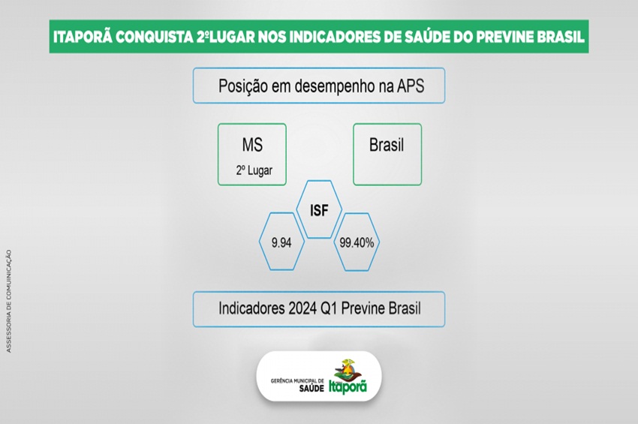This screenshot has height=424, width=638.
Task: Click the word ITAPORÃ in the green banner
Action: click(x=83, y=37)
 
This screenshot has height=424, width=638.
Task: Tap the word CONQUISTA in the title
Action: click(x=154, y=37)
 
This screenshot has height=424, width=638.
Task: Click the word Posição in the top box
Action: click(x=243, y=86)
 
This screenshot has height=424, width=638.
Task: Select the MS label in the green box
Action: click(x=252, y=145)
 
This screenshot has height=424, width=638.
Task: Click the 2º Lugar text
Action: click(x=254, y=170)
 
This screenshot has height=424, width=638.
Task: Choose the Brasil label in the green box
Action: click(x=387, y=145)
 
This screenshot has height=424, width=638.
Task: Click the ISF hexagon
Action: click(x=319, y=210)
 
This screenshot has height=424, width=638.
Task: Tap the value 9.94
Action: click(x=281, y=243)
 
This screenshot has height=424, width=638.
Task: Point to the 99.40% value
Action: click(x=357, y=243)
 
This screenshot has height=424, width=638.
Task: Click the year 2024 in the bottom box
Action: click(x=302, y=308)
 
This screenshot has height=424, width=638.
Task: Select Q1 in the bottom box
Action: click(x=329, y=309)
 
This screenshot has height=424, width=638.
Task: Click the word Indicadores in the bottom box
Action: click(x=251, y=308)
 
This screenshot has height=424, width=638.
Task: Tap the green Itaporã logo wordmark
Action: click(x=348, y=386)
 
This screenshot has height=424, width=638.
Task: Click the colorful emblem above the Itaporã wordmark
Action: click(x=347, y=369)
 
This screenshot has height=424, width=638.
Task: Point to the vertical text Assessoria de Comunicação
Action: click(x=9, y=301)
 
